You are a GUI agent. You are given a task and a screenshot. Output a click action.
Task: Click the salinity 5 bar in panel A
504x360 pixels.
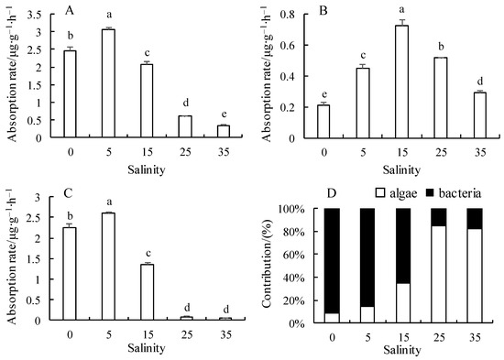(x=109, y=83)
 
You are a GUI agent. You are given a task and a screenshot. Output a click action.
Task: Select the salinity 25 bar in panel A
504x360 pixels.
(x=185, y=126)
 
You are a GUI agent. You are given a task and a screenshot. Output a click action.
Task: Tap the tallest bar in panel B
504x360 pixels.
(x=401, y=82)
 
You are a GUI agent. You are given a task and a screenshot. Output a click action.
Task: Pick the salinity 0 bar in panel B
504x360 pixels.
(x=323, y=122)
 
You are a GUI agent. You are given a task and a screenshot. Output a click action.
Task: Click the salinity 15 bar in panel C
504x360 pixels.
(x=148, y=292)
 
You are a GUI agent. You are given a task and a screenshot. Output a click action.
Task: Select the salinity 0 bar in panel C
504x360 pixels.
(x=70, y=274)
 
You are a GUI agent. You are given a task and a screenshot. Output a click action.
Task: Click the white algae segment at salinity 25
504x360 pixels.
(x=439, y=274)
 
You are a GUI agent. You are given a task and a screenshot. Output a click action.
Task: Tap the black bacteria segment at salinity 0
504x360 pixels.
(x=332, y=261)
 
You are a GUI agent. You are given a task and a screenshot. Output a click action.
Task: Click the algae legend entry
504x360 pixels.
(x=397, y=193)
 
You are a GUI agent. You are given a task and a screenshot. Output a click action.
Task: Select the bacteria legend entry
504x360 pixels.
(x=454, y=193)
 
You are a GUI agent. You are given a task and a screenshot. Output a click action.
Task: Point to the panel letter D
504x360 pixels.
(x=332, y=193)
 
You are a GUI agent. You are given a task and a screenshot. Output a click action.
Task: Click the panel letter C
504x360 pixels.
(x=68, y=193)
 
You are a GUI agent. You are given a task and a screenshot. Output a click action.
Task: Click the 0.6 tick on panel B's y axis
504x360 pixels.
(x=288, y=45)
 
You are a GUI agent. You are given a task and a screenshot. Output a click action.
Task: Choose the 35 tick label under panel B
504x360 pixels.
(x=480, y=152)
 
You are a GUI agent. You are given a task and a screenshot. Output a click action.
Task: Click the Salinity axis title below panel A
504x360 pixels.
(x=147, y=169)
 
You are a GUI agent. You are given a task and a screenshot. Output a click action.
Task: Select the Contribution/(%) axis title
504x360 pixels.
(x=268, y=264)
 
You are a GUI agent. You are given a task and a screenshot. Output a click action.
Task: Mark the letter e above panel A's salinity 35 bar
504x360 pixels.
(x=224, y=115)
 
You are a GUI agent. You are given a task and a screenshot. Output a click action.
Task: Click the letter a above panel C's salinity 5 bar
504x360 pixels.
(x=109, y=202)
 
